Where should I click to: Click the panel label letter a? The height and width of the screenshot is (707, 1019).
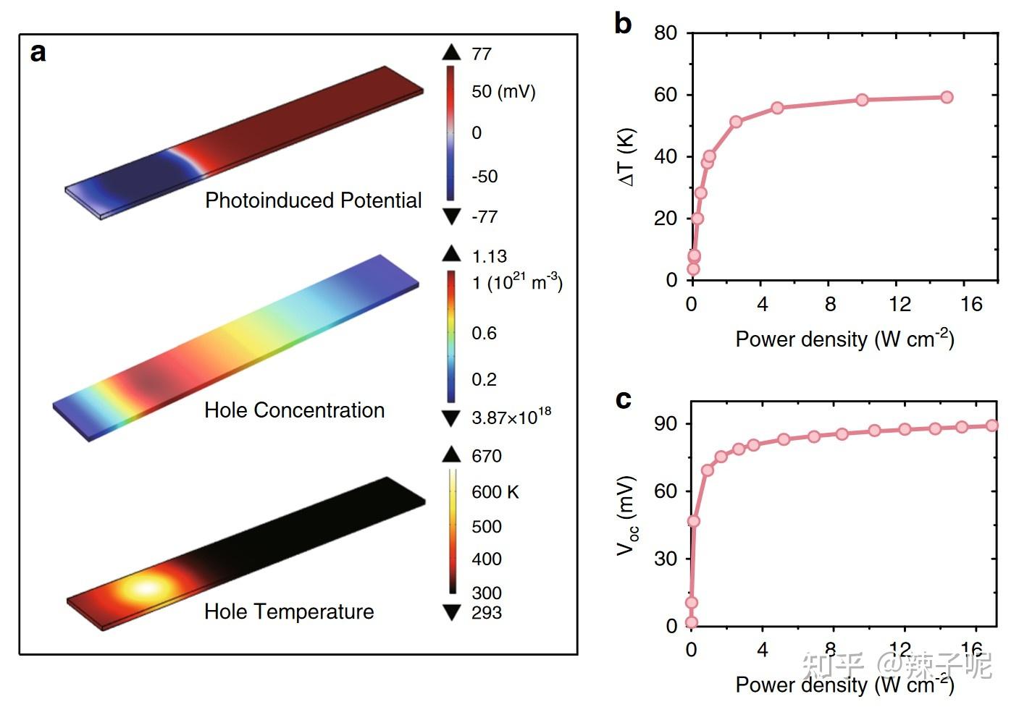point(38,53)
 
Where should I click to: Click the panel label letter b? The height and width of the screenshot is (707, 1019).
point(622,23)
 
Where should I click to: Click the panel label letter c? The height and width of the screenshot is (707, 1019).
point(623,399)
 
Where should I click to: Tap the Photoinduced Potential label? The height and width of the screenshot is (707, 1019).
point(313,200)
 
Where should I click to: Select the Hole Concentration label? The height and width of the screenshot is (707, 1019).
point(294,410)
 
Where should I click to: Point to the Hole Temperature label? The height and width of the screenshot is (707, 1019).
point(289,611)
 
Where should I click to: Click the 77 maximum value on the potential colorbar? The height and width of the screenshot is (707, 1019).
point(482,54)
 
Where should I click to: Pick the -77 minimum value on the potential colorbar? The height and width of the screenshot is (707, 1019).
point(485,216)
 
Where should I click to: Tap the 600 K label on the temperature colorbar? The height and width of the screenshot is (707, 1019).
point(495,492)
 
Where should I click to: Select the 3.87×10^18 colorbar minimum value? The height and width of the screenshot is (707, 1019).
point(511,417)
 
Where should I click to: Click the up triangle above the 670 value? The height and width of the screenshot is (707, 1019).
point(451,454)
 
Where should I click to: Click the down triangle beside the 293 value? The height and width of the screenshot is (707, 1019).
point(451,613)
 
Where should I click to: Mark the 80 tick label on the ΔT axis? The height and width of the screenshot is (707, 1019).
point(665,33)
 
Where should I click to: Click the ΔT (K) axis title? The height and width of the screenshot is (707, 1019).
point(626,157)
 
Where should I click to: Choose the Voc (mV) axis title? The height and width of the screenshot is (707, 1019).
point(626,515)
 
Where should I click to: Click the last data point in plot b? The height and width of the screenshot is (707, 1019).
point(947,97)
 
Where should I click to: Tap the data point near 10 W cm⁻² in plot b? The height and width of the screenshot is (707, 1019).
point(862,100)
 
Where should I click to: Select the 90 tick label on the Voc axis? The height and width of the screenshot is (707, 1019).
point(665,424)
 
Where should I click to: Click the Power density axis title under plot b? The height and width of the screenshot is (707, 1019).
point(844,339)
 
